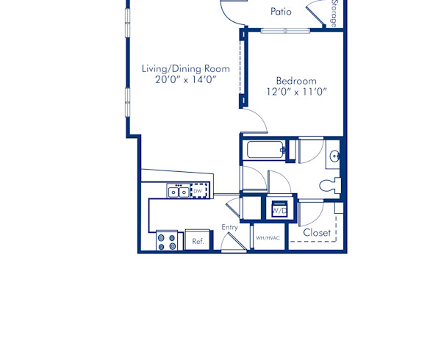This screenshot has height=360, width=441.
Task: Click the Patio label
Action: coord(281,11)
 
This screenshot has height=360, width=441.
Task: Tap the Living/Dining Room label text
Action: coord(185,68)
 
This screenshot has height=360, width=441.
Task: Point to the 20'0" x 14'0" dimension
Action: coord(185,80)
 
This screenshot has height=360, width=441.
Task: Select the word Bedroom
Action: coord(296,80)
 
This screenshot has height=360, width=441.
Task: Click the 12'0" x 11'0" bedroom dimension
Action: coord(296,92)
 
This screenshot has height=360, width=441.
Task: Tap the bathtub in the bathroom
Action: coord(267,151)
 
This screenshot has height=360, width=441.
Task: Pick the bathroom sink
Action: coord(334,155)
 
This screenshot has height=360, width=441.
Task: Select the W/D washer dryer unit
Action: coord(279,209)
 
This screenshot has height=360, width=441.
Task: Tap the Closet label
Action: coord(317,233)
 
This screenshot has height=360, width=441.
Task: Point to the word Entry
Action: coord(230,227)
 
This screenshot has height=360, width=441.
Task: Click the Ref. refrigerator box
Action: coord(198,240)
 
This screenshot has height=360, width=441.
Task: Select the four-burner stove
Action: coord(168,241)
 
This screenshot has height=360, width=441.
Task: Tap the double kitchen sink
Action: coord(177,192)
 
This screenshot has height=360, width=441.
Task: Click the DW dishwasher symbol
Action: coord(197,191)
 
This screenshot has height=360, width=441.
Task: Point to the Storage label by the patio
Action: coord(334,12)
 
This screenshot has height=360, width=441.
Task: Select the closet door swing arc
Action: coord(311,214)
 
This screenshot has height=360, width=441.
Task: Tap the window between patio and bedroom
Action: coord(285,30)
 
